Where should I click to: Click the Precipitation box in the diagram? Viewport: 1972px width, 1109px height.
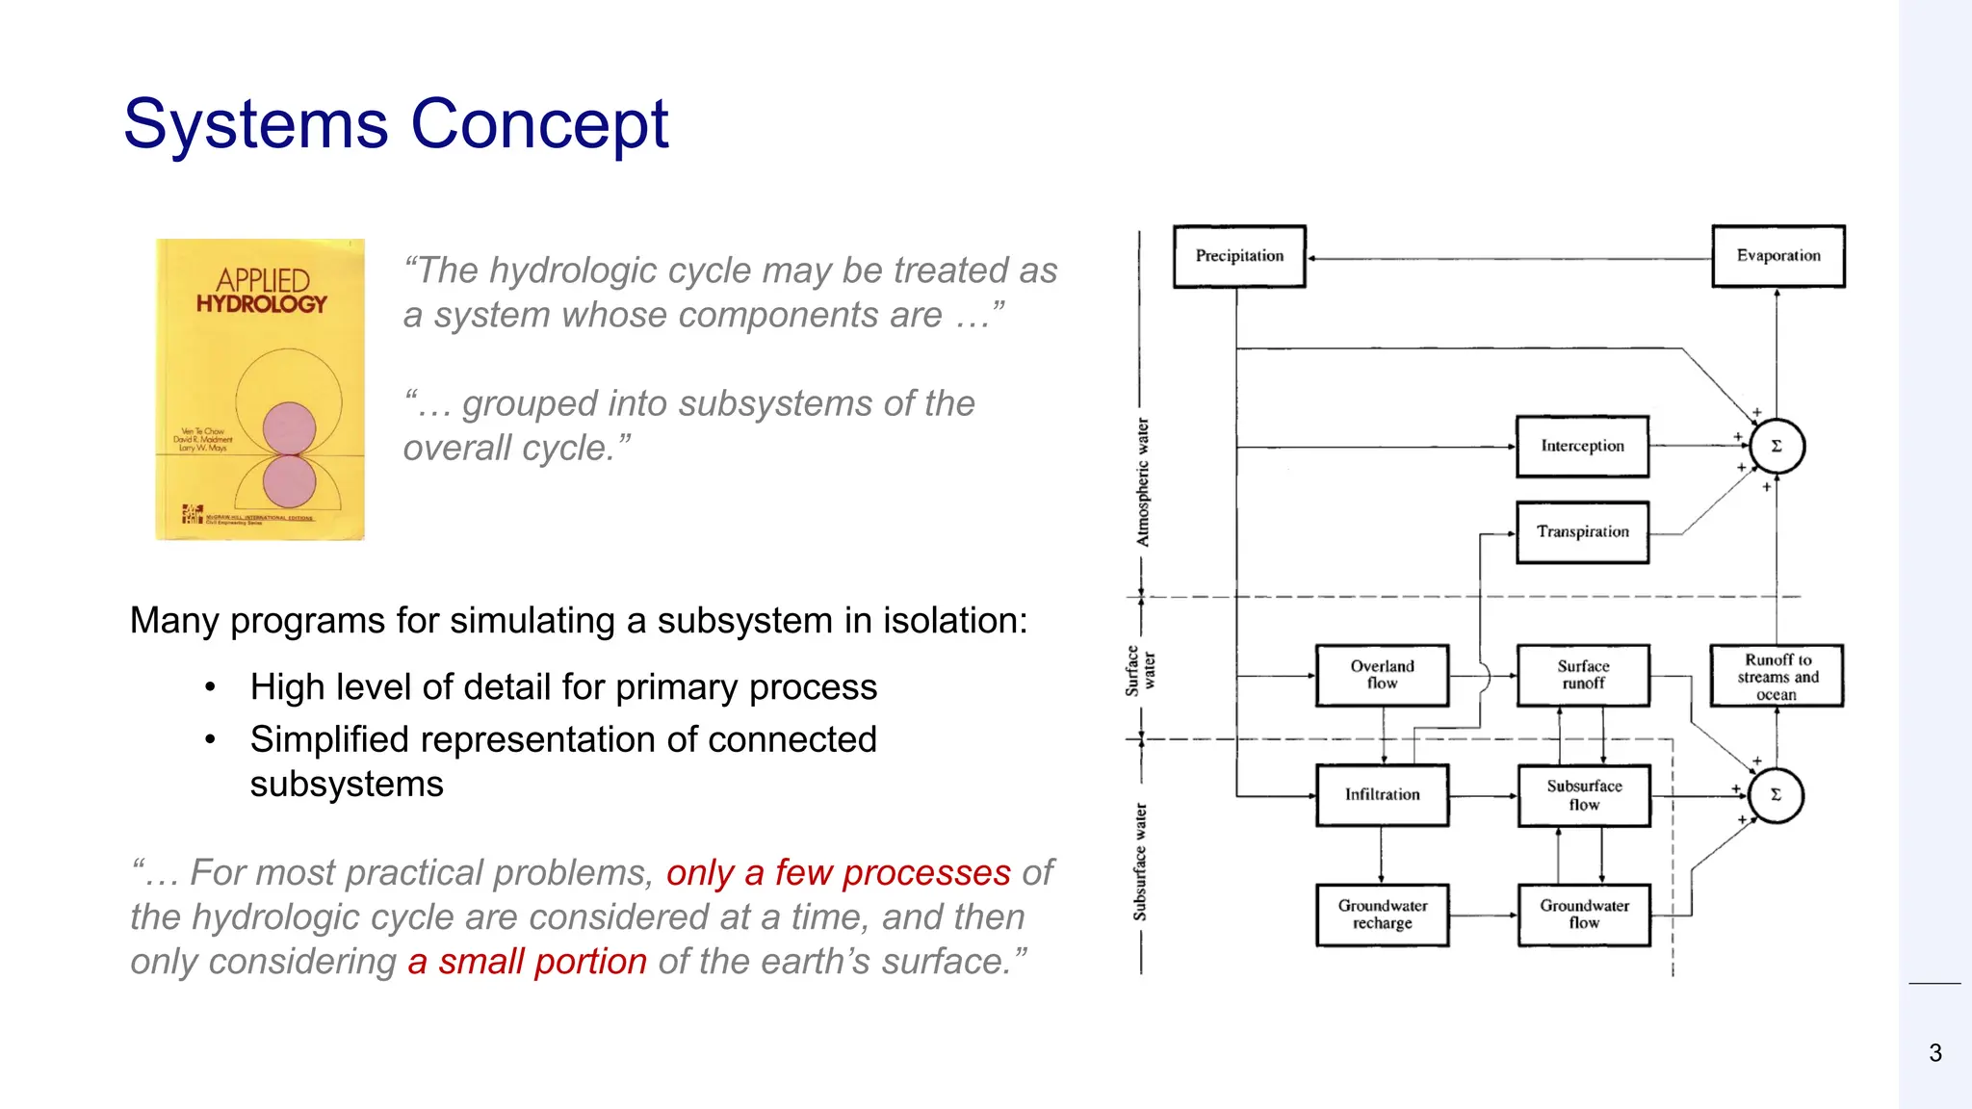[x=1239, y=256]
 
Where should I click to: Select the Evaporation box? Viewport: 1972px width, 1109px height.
[x=1777, y=256]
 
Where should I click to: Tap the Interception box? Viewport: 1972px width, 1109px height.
[x=1582, y=446]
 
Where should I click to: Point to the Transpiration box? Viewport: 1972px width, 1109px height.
[x=1582, y=531]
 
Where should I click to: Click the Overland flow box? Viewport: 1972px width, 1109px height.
[x=1382, y=675]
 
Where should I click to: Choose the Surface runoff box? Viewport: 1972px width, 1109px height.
[x=1583, y=675]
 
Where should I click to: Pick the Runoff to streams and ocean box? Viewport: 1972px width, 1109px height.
[x=1777, y=676]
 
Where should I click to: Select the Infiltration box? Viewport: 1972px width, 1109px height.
[x=1382, y=794]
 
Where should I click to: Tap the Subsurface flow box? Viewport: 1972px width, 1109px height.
[x=1584, y=795]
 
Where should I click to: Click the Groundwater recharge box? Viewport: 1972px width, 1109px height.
[x=1382, y=915]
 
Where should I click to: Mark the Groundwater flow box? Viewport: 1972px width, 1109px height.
[x=1584, y=915]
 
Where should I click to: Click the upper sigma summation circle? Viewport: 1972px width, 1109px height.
[x=1777, y=447]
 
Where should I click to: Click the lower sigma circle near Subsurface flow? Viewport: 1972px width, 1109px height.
[x=1776, y=795]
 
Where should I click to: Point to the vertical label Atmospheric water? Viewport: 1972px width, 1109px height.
[x=1143, y=482]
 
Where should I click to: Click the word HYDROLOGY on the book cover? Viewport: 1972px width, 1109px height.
[x=262, y=304]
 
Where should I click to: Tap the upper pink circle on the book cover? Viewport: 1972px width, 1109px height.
[x=289, y=428]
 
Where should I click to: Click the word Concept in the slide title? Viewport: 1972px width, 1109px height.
[x=539, y=124]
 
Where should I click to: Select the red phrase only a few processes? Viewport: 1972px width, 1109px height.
[x=838, y=872]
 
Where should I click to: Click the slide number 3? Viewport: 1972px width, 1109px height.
[x=1935, y=1053]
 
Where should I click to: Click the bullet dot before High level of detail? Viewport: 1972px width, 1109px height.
[x=210, y=687]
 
